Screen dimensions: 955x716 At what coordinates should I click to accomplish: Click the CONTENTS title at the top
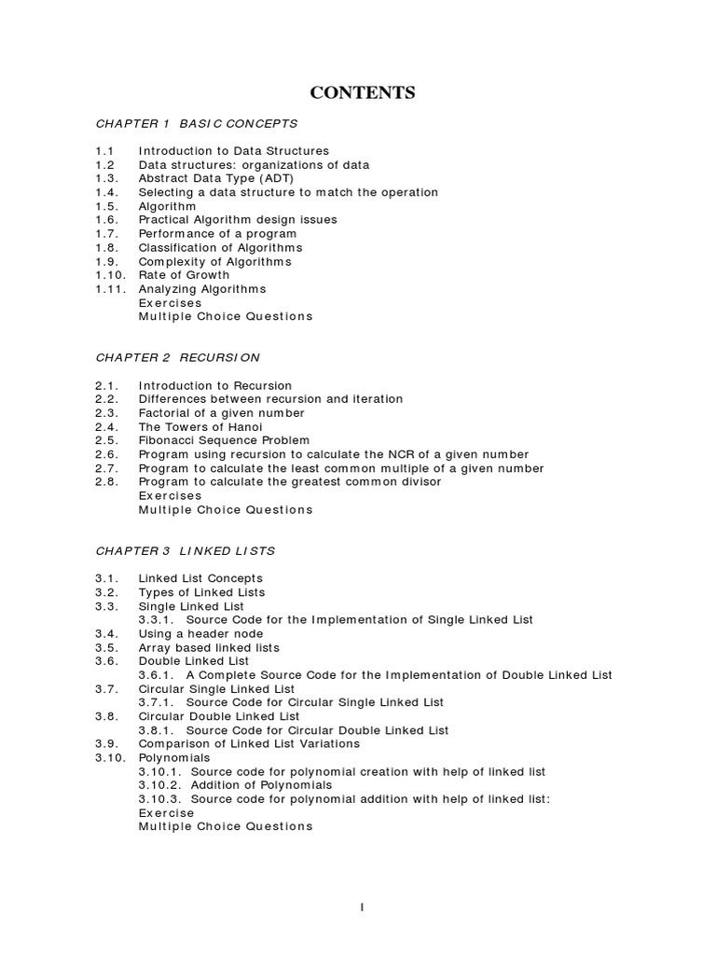click(363, 92)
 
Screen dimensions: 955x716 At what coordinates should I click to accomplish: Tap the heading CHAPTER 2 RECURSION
click(178, 357)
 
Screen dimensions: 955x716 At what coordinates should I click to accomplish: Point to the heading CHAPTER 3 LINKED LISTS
click(186, 551)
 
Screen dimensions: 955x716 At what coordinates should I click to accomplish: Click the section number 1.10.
click(109, 275)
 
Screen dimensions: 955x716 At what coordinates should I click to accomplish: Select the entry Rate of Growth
click(184, 275)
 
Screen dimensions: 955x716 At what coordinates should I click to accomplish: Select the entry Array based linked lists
click(209, 647)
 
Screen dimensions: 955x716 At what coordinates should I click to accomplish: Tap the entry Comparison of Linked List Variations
click(249, 744)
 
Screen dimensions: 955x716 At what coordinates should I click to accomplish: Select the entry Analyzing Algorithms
click(202, 289)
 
